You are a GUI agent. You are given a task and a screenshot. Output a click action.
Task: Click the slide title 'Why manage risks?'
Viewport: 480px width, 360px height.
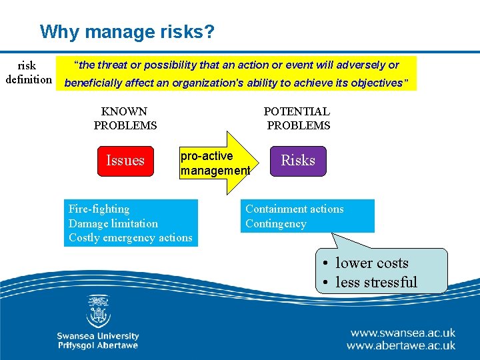pos(127,31)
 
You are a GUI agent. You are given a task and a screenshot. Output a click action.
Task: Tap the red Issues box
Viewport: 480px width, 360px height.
pos(125,161)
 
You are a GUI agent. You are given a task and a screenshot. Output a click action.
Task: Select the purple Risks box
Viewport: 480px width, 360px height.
pos(298,161)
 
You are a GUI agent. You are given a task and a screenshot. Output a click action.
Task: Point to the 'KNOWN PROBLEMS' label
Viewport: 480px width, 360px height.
pos(125,118)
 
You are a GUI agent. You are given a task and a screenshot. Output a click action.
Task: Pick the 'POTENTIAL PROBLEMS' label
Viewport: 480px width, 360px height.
pos(297,118)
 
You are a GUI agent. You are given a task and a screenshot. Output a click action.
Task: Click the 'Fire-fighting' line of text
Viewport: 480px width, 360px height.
pos(99,209)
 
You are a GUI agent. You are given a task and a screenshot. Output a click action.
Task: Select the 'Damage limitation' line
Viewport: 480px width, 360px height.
pos(113,224)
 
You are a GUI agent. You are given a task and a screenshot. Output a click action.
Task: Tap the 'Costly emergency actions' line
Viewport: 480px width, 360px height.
pos(130,238)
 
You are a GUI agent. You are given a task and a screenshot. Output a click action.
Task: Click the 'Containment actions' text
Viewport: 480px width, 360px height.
pos(294,209)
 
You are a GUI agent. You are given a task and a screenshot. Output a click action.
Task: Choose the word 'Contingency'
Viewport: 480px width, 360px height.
pos(275,224)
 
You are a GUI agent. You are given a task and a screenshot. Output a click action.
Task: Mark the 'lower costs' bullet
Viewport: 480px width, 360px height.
pos(371,263)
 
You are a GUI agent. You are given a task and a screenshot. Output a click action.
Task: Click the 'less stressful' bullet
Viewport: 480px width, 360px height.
pos(376,283)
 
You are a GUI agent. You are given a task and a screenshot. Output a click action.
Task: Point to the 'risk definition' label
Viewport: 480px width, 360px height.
pos(28,73)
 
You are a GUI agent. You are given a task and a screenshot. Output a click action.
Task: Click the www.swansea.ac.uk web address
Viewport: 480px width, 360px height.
pos(402,332)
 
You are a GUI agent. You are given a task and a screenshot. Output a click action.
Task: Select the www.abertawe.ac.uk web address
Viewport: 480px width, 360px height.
pos(401,345)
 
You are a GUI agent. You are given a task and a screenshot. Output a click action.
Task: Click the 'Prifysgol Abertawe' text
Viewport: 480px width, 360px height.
pos(97,345)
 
